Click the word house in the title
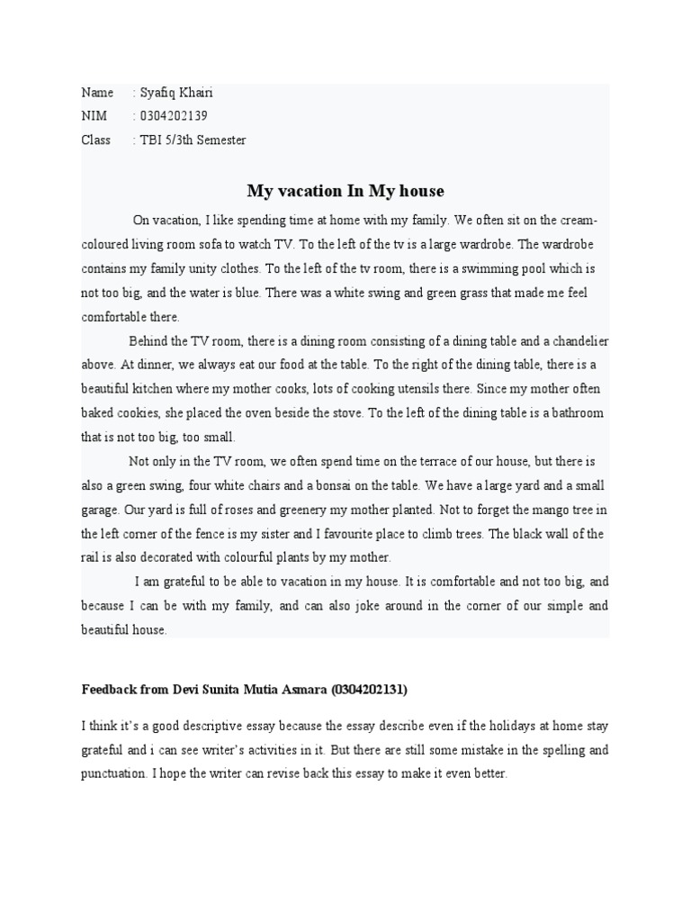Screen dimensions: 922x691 click(417, 191)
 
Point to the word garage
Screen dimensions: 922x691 click(100, 510)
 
